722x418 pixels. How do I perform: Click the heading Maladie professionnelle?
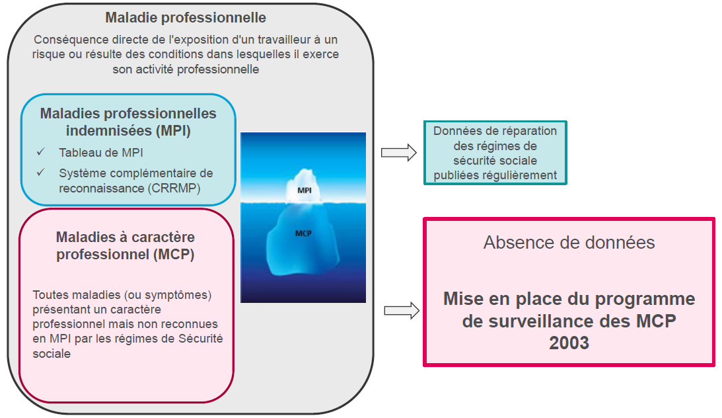pos(186,17)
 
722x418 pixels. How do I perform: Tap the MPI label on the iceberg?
pos(305,190)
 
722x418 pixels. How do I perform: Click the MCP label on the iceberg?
pos(304,233)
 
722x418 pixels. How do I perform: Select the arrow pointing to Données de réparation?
pos(399,153)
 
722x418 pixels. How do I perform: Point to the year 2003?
pos(569,343)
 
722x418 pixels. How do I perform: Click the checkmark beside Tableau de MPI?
pos(41,152)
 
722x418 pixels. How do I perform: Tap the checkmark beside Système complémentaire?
pos(41,173)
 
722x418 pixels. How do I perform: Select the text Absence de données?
pos(569,242)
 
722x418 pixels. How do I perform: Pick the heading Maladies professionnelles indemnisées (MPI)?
pos(127,122)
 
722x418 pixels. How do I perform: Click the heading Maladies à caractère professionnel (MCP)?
pos(125,245)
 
